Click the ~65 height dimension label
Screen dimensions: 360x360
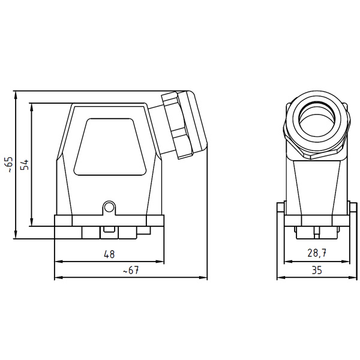coord(8,164)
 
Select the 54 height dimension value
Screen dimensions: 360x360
coord(25,164)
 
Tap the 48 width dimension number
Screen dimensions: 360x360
coord(108,254)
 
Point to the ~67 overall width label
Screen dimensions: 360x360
coord(130,271)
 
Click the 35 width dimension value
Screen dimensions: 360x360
coord(316,271)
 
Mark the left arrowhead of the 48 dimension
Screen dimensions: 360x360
coord(57,262)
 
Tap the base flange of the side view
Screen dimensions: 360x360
coord(109,221)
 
